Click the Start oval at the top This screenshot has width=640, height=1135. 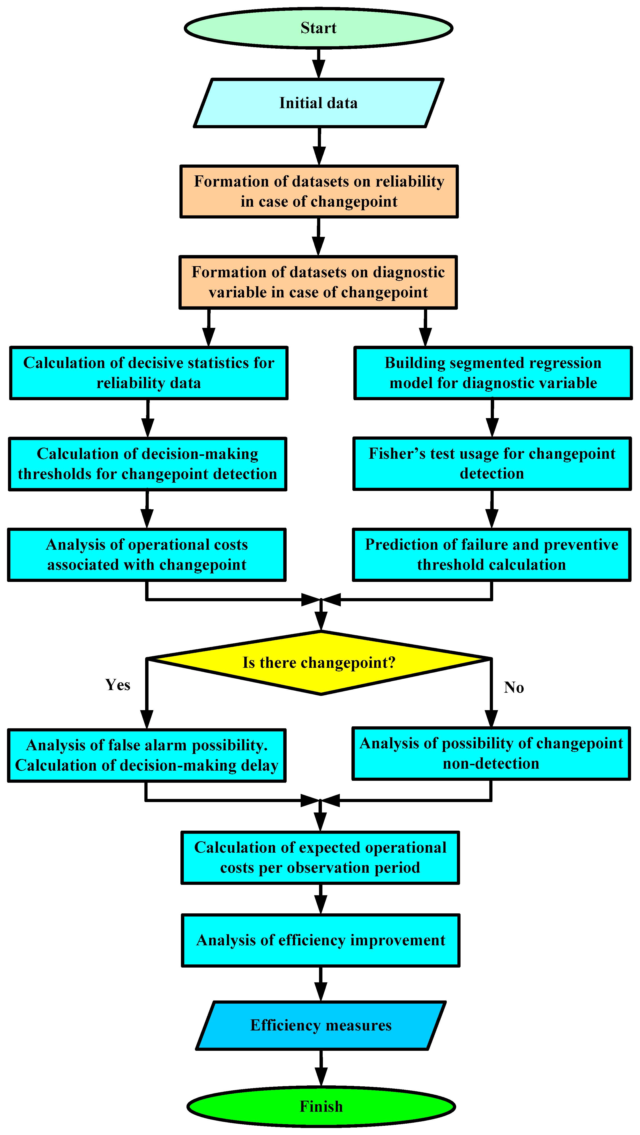[319, 28]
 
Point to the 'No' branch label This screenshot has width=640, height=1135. [513, 687]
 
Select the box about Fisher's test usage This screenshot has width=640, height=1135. [492, 464]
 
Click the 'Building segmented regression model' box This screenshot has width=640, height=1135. [493, 373]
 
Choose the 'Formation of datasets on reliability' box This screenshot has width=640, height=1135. [319, 191]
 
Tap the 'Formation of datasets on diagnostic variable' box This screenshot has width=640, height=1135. [318, 282]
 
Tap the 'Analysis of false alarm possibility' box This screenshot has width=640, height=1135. [147, 755]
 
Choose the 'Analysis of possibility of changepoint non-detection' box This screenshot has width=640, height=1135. [491, 753]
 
